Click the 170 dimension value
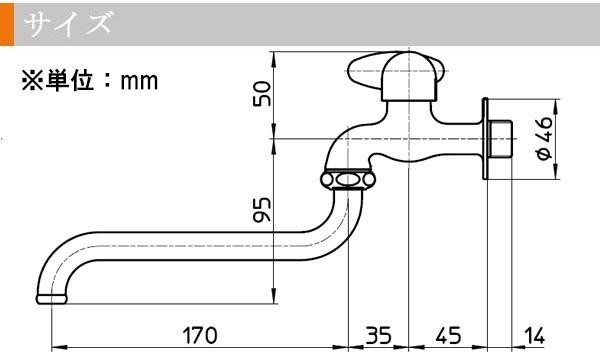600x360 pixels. pos(200,335)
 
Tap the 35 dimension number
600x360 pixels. pos(378,335)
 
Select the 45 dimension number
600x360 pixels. pos(448,335)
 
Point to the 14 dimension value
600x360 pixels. pos(534,336)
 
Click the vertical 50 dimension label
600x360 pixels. pos(262,93)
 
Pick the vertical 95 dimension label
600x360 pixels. pos(262,209)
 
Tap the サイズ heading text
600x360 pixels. pos(69,24)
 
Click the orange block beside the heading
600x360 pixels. pos(7,24)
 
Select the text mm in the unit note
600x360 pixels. pos(139,81)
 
